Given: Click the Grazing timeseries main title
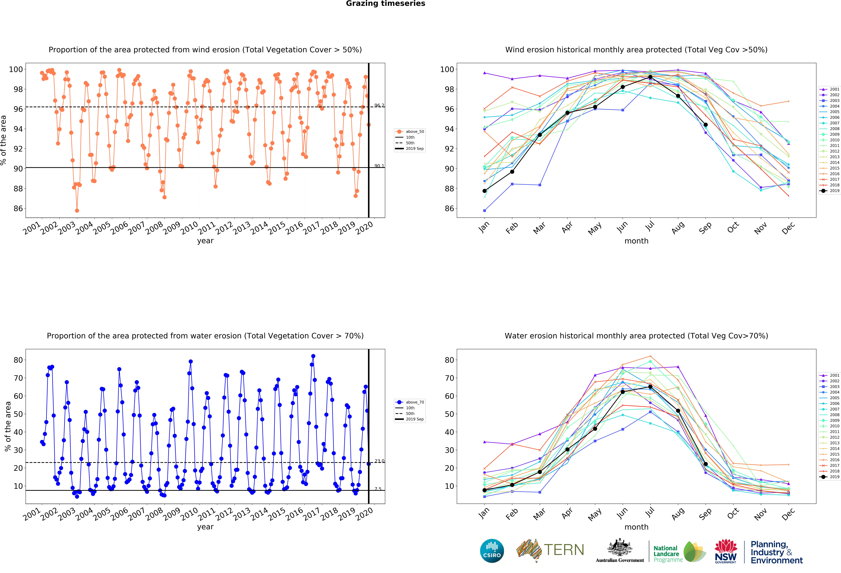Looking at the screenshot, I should coord(385,4).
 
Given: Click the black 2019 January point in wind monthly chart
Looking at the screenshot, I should coord(485,191).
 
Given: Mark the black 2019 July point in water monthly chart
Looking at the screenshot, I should coord(650,387).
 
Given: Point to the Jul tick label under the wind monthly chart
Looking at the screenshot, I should coord(650,226).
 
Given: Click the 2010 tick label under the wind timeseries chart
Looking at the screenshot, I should coord(189,228).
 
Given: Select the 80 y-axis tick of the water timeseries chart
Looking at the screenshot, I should coord(18,360).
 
